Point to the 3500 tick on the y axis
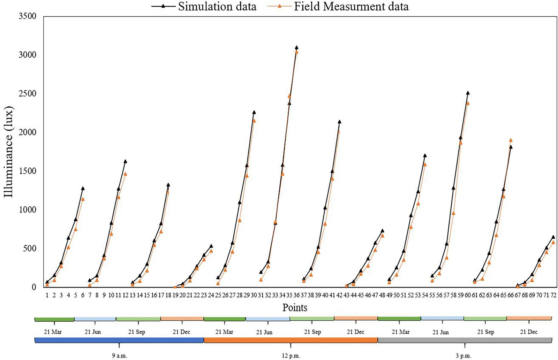pos(27,16)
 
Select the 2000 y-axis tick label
pos(27,132)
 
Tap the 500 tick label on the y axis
pos(30,248)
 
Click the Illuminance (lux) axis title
pos(9,152)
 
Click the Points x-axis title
pos(295,308)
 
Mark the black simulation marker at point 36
pos(296,47)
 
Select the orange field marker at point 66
pos(511,140)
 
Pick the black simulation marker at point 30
pos(254,112)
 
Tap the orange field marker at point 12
pos(125,174)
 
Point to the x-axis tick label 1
pos(47,295)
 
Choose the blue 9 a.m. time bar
pos(119,340)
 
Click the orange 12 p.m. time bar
pos(291,340)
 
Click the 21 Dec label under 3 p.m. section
pos(529,332)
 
